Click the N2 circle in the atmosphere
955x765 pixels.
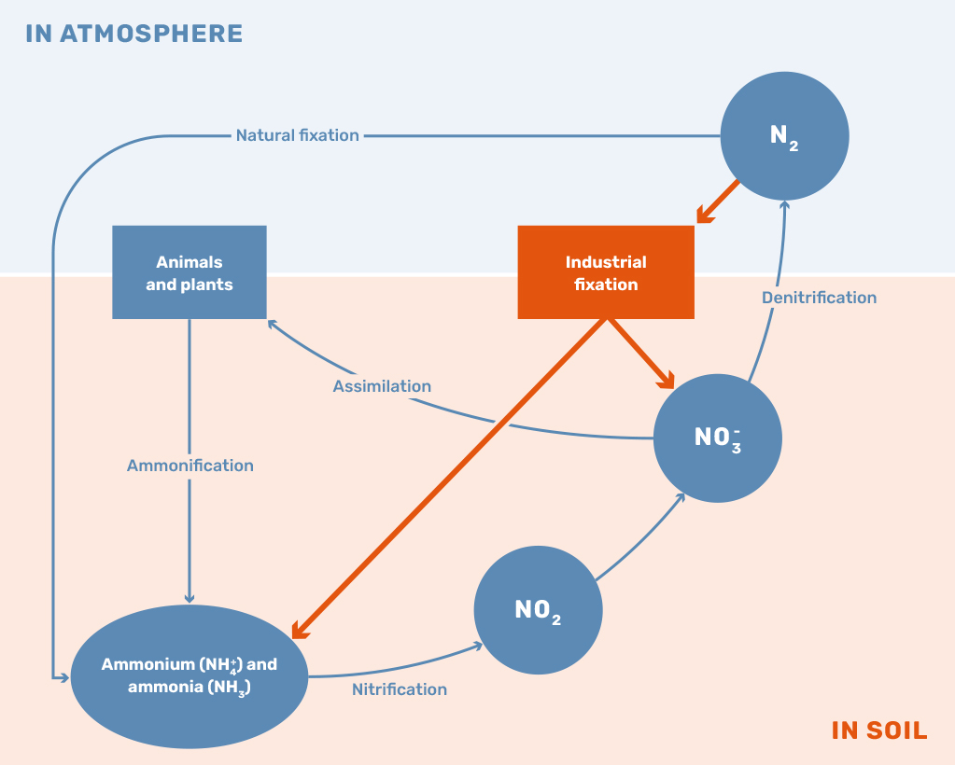tap(784, 135)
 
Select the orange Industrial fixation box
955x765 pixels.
tap(606, 272)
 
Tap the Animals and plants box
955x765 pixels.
tap(190, 272)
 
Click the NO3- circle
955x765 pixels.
tap(717, 438)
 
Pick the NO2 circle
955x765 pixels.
tap(538, 611)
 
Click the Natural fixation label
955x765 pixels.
tap(297, 135)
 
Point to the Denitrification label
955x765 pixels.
tap(819, 298)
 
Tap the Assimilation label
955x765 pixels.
tap(382, 386)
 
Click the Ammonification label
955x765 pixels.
tap(190, 466)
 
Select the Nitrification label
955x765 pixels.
tap(400, 689)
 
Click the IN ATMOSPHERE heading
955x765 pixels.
tap(134, 35)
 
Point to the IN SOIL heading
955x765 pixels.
tap(879, 730)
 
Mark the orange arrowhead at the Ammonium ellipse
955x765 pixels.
tap(300, 631)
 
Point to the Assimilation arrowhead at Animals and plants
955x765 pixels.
tap(273, 324)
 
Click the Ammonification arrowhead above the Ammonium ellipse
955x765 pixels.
tap(190, 597)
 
